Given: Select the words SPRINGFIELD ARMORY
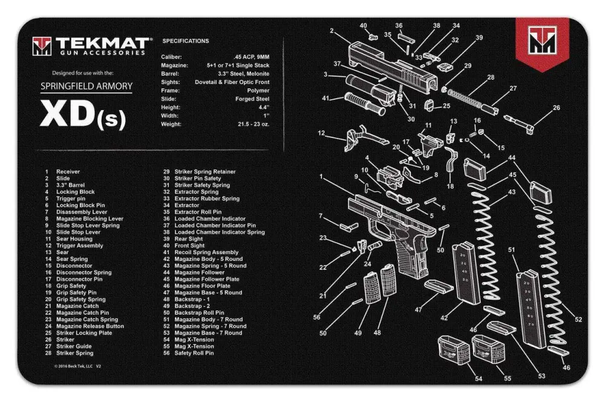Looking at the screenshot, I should [86, 86].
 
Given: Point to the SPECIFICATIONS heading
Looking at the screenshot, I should [186, 41].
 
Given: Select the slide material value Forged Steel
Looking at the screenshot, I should [252, 99].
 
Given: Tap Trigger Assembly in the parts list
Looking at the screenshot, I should [79, 246].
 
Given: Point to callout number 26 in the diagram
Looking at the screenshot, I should [556, 108].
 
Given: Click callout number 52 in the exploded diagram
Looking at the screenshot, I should [578, 319].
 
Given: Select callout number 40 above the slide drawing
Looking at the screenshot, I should [363, 25].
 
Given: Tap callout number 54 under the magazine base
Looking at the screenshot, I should [479, 379].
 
